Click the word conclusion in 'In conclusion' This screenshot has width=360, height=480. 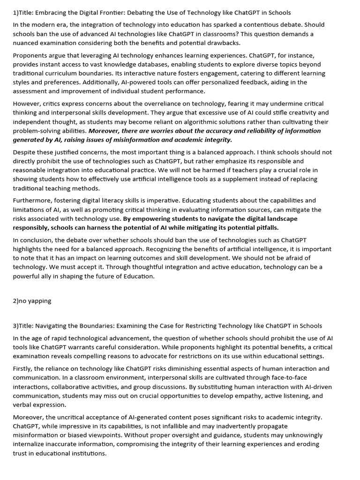[36, 240]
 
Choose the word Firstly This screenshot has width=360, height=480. [23, 369]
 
